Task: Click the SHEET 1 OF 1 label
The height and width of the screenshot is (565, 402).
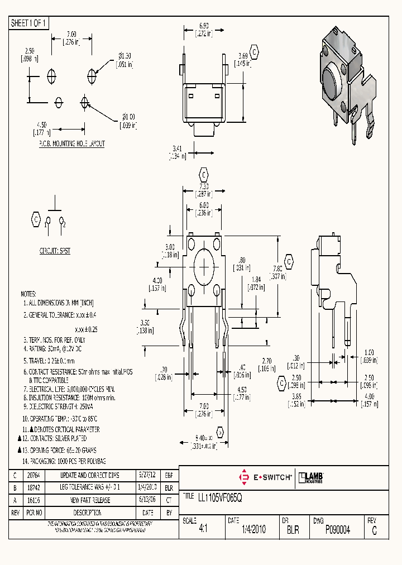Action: click(30, 23)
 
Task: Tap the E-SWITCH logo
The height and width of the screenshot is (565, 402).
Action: click(265, 477)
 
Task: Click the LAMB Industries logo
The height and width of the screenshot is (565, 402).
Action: click(312, 477)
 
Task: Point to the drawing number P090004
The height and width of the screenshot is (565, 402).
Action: click(337, 530)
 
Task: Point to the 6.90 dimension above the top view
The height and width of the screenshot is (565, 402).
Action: click(204, 26)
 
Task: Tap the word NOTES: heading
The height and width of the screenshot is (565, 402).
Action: click(28, 294)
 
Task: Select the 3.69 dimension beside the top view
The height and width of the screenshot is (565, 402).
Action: click(242, 56)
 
